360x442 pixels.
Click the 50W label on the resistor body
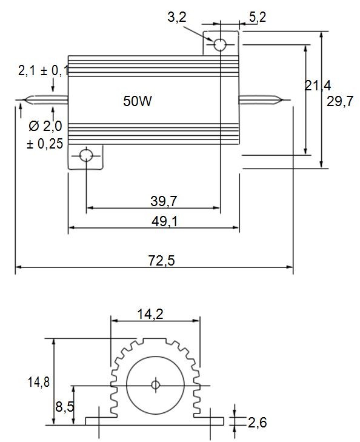pyautogui.click(x=138, y=101)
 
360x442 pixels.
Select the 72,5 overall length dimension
pyautogui.click(x=161, y=261)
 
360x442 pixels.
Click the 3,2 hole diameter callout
pyautogui.click(x=176, y=18)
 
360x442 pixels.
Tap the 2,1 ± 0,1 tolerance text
pyautogui.click(x=44, y=71)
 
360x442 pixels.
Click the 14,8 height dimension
pyautogui.click(x=38, y=382)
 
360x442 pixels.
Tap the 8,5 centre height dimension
pyautogui.click(x=64, y=407)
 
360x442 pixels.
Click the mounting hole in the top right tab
pyautogui.click(x=219, y=44)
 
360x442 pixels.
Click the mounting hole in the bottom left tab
pyautogui.click(x=87, y=156)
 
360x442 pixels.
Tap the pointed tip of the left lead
pyautogui.click(x=22, y=101)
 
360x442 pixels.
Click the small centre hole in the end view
pyautogui.click(x=155, y=385)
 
